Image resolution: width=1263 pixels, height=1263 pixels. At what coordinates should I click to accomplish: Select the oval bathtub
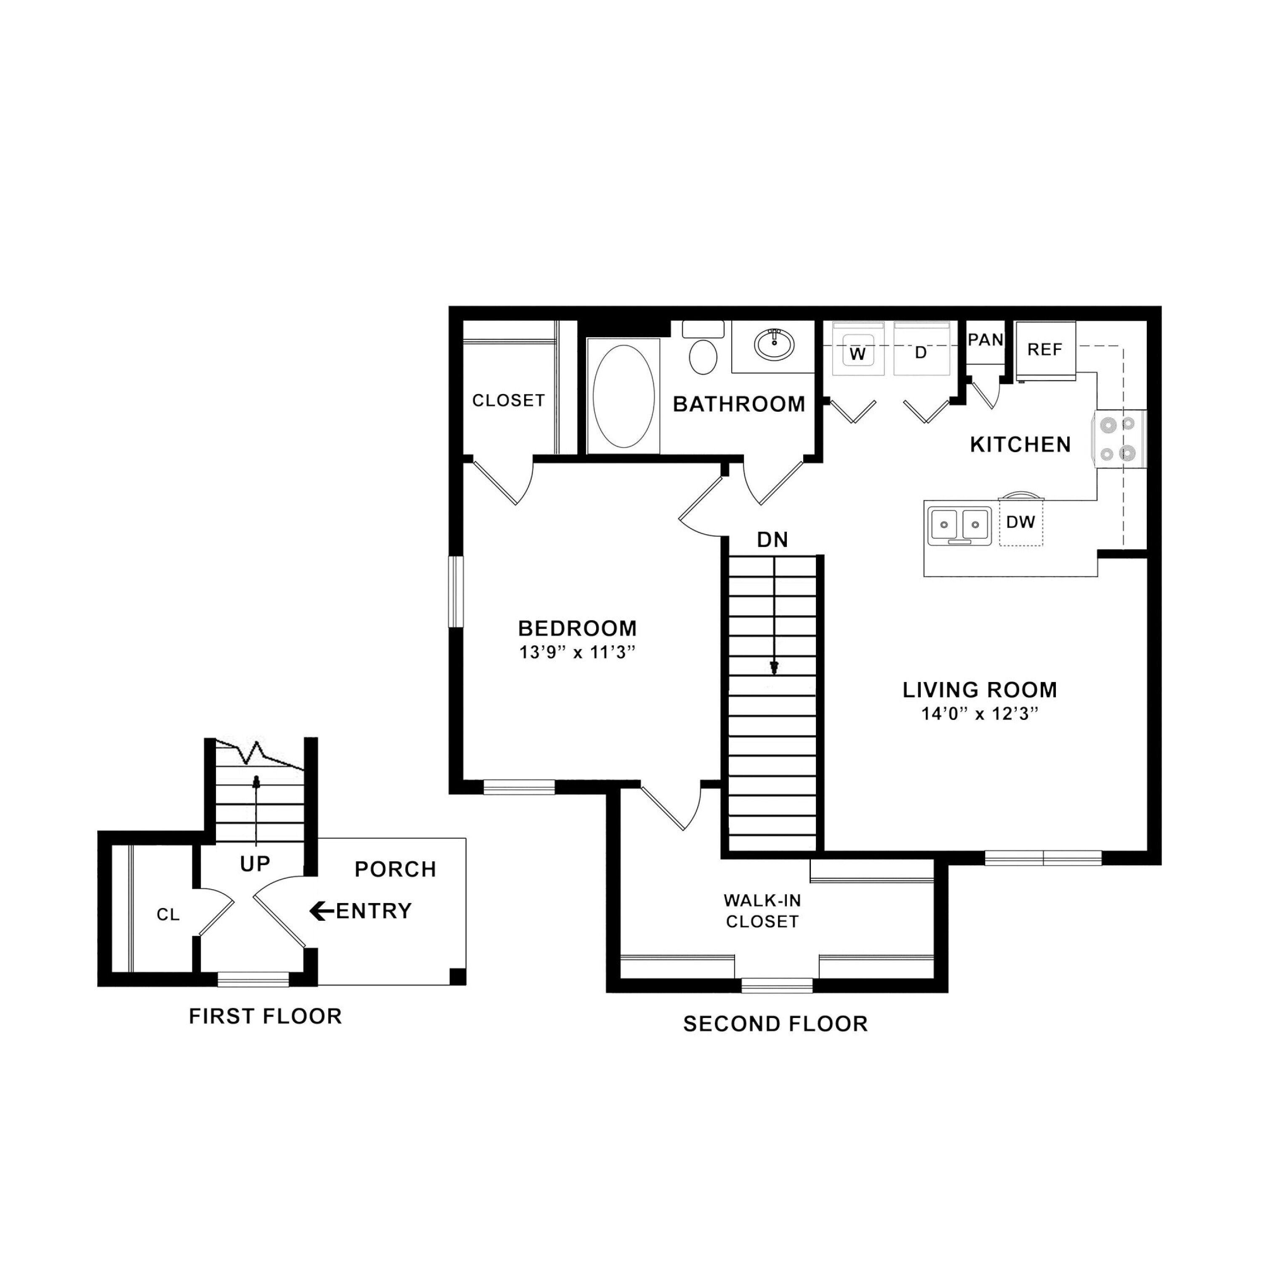click(x=623, y=396)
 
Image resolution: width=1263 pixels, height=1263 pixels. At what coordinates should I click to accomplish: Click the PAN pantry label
click(x=985, y=340)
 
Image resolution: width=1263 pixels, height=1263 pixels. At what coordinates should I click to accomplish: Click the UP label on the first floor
click(x=255, y=864)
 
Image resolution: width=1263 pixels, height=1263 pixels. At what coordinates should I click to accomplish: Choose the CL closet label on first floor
click(x=168, y=914)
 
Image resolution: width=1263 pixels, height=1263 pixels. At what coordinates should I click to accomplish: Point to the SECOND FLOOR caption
click(x=775, y=1024)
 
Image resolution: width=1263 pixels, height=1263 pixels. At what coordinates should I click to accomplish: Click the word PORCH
click(x=395, y=869)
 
